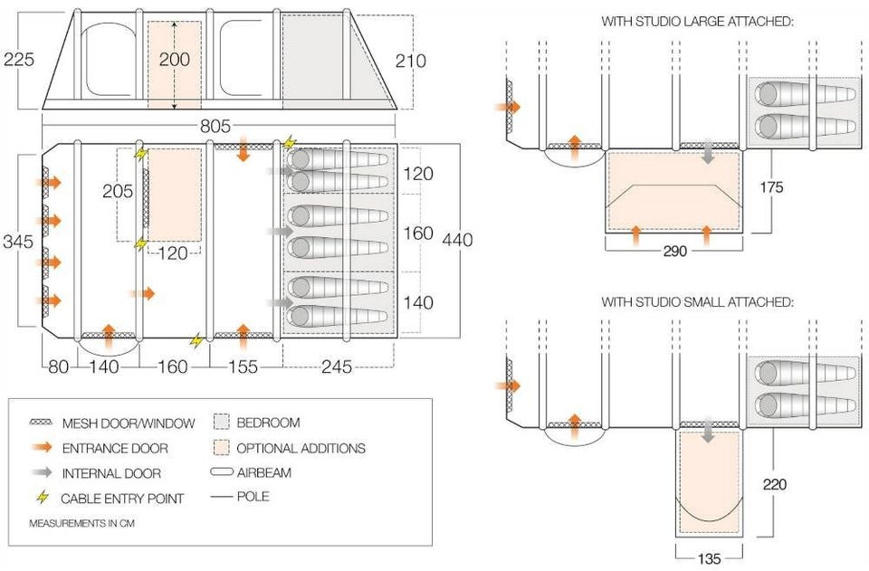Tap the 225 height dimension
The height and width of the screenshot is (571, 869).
pos(19,61)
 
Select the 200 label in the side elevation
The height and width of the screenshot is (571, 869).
pos(175,60)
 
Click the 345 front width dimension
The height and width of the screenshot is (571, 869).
pos(18,242)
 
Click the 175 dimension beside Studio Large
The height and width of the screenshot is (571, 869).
pos(772,187)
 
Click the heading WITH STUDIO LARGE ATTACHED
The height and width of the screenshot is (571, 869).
pos(697,20)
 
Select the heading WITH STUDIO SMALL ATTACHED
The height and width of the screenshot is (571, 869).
pos(697,301)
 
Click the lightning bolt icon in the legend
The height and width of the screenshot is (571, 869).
pos(43,498)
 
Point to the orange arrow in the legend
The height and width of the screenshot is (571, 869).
pos(43,447)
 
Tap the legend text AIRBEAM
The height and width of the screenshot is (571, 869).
pos(264,471)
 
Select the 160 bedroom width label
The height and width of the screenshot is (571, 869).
pos(418,233)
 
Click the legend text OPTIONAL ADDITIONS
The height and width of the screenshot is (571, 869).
pos(301,448)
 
